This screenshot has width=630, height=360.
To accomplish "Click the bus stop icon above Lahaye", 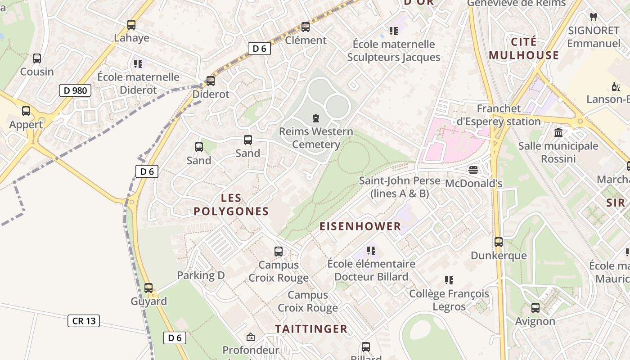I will coord(131,25).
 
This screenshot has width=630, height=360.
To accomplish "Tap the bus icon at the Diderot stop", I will coord(211,81).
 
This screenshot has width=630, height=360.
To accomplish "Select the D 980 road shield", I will coord(75,90).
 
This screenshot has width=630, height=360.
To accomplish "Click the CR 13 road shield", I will coord(84,321).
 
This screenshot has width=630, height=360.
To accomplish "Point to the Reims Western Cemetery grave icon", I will coord(316,118).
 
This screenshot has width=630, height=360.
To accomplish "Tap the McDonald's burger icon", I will coord(473,170).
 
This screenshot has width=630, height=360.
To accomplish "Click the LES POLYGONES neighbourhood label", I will coord(231,205).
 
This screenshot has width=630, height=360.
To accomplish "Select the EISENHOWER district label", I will coord(360,226).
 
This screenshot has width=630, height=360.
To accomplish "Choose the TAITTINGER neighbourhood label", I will coord(311,329).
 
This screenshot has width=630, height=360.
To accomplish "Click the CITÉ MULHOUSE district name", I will coord(524,49).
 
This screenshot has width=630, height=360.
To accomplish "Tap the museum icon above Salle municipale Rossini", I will coord(558,132).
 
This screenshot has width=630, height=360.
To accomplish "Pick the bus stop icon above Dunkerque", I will coord(499,242).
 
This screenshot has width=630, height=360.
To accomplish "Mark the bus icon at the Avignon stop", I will coord(535,308).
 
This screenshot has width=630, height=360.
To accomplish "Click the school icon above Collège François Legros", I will coord(449,280).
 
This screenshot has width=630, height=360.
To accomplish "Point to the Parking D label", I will coord(201,275).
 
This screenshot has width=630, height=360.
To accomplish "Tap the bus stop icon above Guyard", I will coord(148,288).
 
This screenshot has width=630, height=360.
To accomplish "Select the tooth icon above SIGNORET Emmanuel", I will coord(593,17).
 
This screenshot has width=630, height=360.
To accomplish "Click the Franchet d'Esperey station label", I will coord(499,115).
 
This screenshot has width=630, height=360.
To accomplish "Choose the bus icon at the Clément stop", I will coord(306,27).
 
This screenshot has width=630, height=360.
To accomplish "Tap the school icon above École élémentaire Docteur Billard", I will coord(371,250).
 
